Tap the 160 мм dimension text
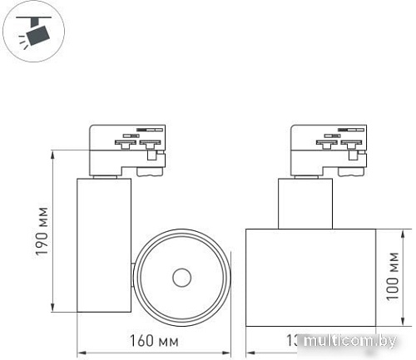point(154,341)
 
